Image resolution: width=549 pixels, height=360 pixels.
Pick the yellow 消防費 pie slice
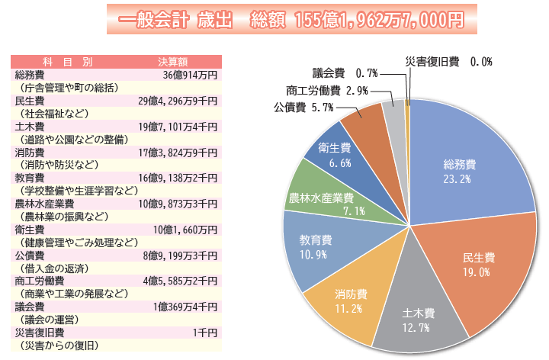pyautogui.click(x=351, y=301)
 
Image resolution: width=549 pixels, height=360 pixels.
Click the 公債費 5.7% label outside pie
pyautogui.click(x=303, y=108)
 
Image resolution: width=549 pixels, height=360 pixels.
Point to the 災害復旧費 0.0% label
pyautogui.click(x=448, y=61)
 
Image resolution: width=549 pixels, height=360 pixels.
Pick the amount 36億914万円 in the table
pyautogui.click(x=190, y=75)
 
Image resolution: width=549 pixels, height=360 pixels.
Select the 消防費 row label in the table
pyautogui.click(x=30, y=153)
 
